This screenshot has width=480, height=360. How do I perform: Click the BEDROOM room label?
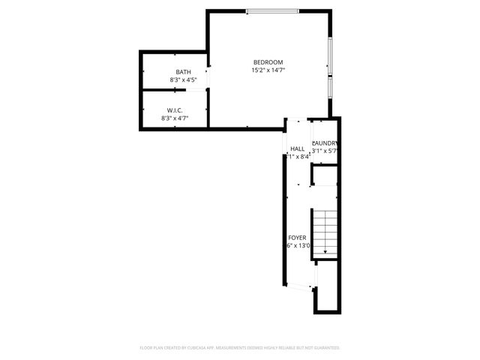click(x=268, y=61)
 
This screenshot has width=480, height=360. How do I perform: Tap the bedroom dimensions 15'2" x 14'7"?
click(x=268, y=70)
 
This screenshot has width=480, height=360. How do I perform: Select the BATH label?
click(x=183, y=72)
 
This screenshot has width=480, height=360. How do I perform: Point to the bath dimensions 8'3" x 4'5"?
click(x=183, y=79)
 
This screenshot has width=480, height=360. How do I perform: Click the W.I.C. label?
click(x=175, y=110)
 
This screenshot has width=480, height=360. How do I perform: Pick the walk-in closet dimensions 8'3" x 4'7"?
click(x=175, y=118)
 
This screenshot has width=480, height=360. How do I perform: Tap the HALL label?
click(x=298, y=148)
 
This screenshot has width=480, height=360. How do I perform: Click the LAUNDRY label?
click(x=325, y=143)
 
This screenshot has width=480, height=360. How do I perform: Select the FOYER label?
click(x=297, y=238)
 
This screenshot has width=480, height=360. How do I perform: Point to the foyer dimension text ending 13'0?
click(x=297, y=246)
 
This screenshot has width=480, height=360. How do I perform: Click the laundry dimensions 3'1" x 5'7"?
click(x=325, y=151)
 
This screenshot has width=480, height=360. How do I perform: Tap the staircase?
click(x=326, y=229)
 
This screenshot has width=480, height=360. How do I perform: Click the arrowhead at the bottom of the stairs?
click(x=326, y=253)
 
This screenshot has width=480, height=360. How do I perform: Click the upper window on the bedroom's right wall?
click(x=330, y=55)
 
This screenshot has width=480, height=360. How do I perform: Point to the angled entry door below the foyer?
click(x=303, y=286)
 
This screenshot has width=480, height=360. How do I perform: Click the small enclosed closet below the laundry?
click(x=325, y=175)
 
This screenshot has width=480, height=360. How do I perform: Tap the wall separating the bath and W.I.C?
click(x=174, y=90)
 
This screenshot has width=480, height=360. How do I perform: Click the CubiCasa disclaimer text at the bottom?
click(x=240, y=348)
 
